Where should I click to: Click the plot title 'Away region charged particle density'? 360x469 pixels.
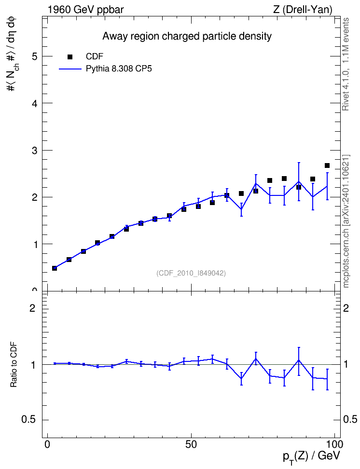click(x=187, y=36)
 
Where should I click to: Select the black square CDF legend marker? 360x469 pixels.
click(x=70, y=56)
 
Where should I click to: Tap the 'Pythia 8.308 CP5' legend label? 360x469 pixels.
click(x=119, y=69)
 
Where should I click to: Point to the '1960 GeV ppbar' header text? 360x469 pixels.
click(x=85, y=10)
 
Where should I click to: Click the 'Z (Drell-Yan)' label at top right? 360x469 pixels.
click(x=303, y=10)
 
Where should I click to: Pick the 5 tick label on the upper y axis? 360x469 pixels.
click(x=35, y=56)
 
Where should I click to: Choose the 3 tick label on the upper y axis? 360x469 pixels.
click(x=35, y=150)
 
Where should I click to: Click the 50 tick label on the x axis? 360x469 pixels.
click(x=191, y=444)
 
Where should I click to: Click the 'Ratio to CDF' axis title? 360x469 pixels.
click(x=14, y=365)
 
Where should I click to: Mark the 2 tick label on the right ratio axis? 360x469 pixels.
click(x=346, y=308)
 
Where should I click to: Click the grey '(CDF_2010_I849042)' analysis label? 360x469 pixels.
click(x=191, y=273)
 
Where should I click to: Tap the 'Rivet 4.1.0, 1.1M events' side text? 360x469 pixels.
click(x=346, y=64)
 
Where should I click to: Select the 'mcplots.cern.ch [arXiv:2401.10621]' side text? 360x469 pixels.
click(x=346, y=221)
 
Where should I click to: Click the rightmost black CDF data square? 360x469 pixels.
click(x=327, y=166)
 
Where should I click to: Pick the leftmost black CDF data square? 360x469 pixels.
click(x=55, y=268)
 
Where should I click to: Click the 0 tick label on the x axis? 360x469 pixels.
click(x=47, y=444)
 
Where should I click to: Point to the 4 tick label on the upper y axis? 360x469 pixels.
click(x=35, y=103)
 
